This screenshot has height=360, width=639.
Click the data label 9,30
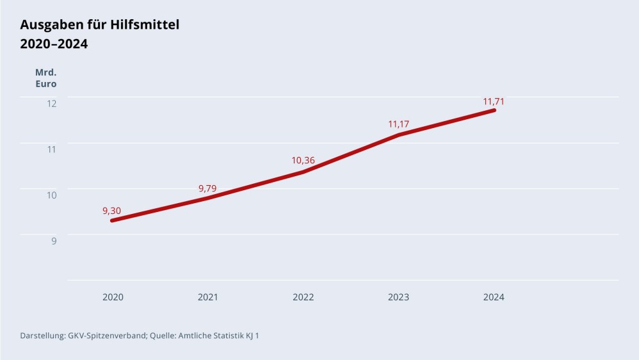pyautogui.click(x=111, y=211)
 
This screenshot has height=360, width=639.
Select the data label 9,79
pyautogui.click(x=208, y=188)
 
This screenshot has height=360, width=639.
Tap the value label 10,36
pyautogui.click(x=303, y=160)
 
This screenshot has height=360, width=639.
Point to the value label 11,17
pyautogui.click(x=399, y=124)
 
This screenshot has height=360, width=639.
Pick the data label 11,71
pyautogui.click(x=494, y=101)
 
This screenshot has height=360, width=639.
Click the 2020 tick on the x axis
pyautogui.click(x=113, y=297)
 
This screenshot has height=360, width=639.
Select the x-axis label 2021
pyautogui.click(x=208, y=297)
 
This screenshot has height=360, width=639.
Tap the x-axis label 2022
pyautogui.click(x=303, y=297)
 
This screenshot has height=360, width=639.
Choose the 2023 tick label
pyautogui.click(x=398, y=297)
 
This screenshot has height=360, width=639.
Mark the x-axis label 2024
pyautogui.click(x=494, y=297)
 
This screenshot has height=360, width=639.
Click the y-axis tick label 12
pyautogui.click(x=52, y=103)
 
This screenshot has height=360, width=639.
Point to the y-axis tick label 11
pyautogui.click(x=52, y=149)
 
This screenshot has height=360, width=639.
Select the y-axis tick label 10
pyautogui.click(x=52, y=195)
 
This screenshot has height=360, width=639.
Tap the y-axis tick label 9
pyautogui.click(x=54, y=241)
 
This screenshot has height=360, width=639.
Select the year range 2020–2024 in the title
pyautogui.click(x=54, y=44)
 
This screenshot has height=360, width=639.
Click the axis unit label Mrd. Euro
pyautogui.click(x=45, y=78)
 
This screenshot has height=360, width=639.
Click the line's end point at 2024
pyautogui.click(x=494, y=110)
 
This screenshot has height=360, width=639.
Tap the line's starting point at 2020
pyautogui.click(x=113, y=220)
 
